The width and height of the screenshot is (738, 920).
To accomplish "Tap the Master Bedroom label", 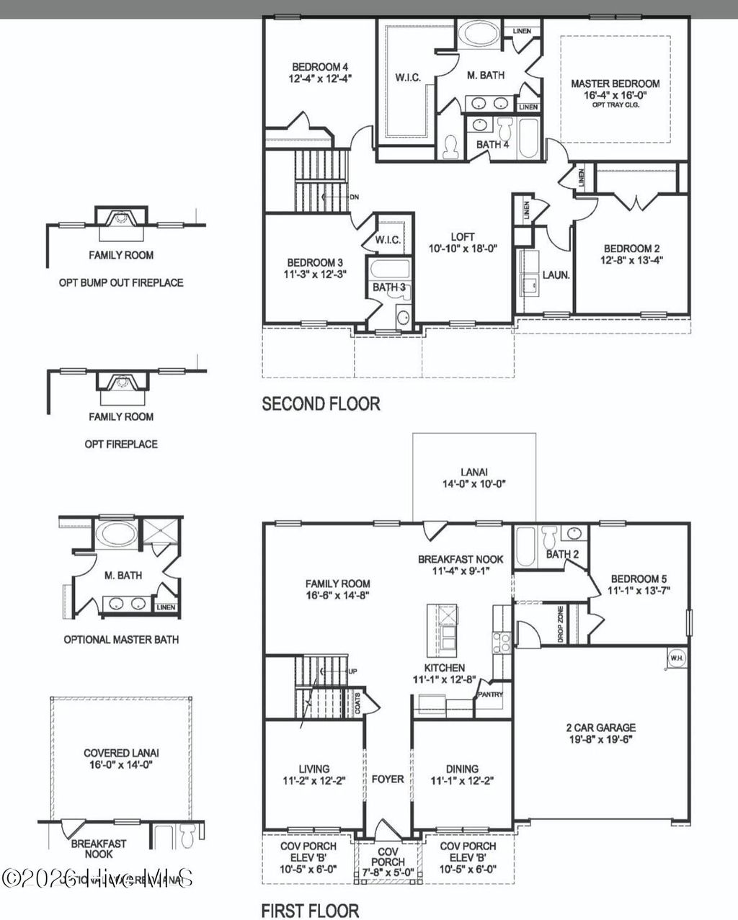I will click(615, 84).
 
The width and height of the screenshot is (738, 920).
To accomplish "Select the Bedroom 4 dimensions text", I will click(322, 78).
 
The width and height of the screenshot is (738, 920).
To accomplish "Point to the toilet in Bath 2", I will click(550, 537).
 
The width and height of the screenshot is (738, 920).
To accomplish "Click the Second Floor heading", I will click(321, 404).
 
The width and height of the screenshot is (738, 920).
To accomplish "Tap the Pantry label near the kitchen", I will click(488, 695).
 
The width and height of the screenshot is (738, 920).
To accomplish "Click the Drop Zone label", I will click(560, 624).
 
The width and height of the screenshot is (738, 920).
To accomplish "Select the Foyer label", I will click(388, 779).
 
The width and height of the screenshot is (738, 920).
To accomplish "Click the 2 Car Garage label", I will click(600, 728).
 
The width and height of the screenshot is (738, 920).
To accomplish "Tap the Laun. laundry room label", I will click(556, 274).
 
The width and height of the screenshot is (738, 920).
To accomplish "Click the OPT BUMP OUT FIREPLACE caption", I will click(121, 282).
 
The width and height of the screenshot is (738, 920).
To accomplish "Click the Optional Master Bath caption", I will click(121, 639).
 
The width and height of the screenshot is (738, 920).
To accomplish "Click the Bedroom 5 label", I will click(634, 579).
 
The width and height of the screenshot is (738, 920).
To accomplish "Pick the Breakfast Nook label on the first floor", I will click(461, 559).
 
